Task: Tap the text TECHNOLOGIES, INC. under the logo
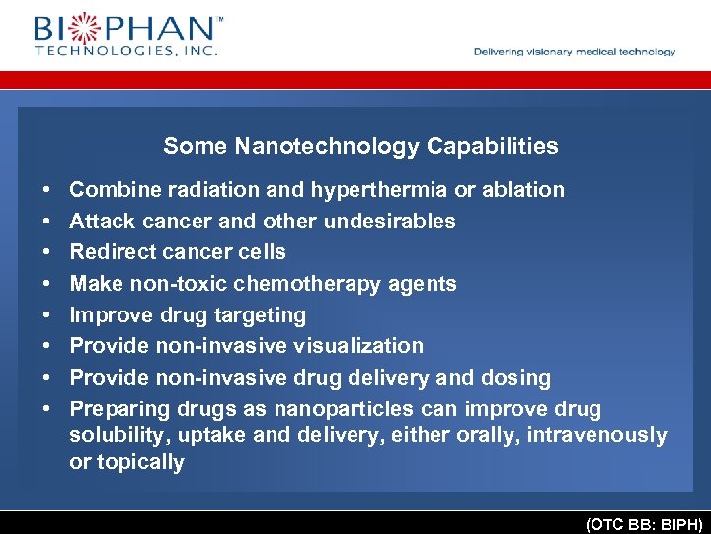125,49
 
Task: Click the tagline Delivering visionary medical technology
575,52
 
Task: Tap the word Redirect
108,252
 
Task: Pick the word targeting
263,315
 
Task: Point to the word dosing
517,378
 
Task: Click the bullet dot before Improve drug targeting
47,315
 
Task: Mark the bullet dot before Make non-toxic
47,284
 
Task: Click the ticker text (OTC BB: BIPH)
643,524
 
